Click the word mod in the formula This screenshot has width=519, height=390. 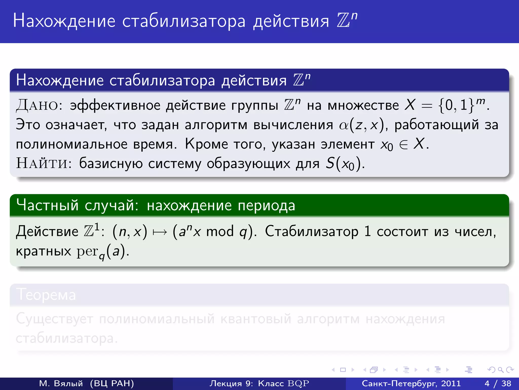(220, 232)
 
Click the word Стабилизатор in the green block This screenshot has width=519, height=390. (312, 232)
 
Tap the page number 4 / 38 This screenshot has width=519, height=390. (498, 383)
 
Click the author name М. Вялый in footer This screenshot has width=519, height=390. (61, 383)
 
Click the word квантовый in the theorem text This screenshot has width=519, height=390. (256, 319)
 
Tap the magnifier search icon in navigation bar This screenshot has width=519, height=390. (501, 370)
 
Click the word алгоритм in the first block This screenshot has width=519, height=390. (216, 125)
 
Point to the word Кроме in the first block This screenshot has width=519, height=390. (206, 144)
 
